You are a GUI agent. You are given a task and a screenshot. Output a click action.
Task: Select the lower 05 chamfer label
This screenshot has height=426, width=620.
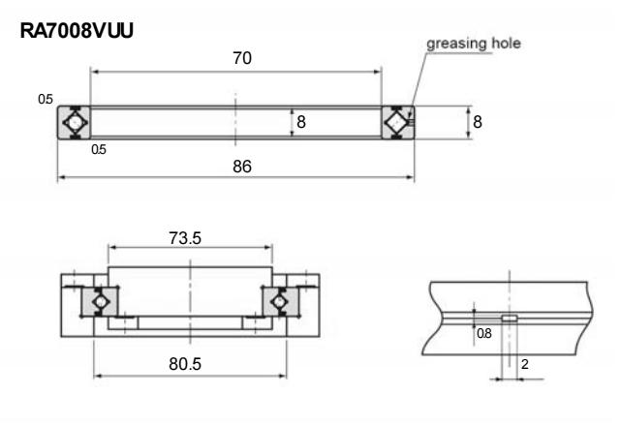coord(98,149)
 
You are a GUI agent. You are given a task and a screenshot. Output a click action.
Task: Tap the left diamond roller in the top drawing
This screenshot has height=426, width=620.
coord(75,124)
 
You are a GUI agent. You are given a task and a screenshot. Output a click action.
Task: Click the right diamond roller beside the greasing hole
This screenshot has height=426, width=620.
coord(396,124)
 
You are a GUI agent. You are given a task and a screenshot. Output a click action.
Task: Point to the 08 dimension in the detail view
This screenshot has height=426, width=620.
coord(483,332)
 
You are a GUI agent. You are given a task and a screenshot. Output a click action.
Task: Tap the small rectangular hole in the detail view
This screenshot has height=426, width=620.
coord(510,317)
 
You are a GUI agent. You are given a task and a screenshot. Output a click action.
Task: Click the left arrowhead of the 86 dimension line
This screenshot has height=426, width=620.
coord(62,177)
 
